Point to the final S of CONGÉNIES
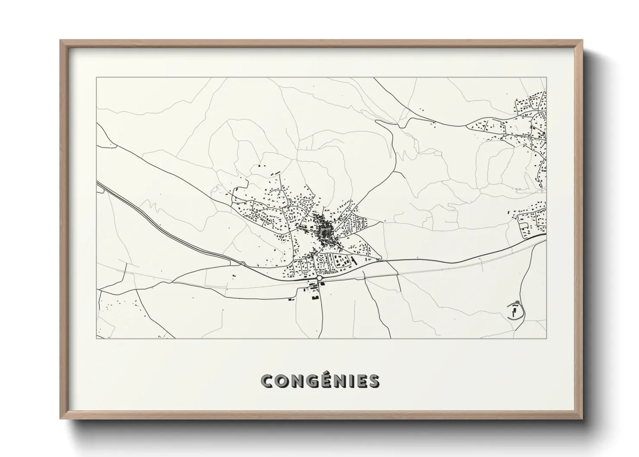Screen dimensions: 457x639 [374, 381]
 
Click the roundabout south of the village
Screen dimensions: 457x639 [319, 279]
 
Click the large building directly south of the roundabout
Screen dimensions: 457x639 [314, 291]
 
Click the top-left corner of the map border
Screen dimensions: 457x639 [97, 78]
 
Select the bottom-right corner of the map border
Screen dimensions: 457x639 [546, 338]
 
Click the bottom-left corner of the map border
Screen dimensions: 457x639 [97, 338]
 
